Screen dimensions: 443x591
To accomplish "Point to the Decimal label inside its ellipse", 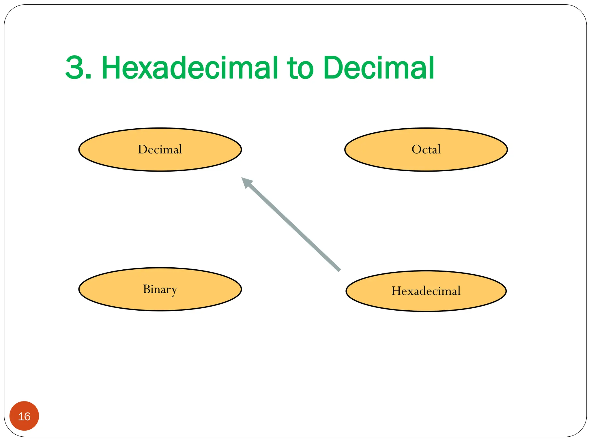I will (160, 149).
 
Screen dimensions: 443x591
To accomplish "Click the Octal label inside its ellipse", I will (426, 149).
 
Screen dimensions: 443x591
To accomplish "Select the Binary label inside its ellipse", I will (160, 289).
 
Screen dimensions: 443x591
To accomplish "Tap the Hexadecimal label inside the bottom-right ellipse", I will (426, 291).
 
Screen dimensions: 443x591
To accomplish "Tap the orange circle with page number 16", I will (24, 416).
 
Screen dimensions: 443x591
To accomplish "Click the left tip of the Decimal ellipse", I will (79, 150).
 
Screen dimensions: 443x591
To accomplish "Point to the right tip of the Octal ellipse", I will (507, 150).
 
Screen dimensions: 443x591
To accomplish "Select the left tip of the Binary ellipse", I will (79, 289).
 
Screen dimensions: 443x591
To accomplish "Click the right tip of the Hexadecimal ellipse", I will (506, 291).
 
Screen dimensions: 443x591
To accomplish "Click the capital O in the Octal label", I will (416, 149).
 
